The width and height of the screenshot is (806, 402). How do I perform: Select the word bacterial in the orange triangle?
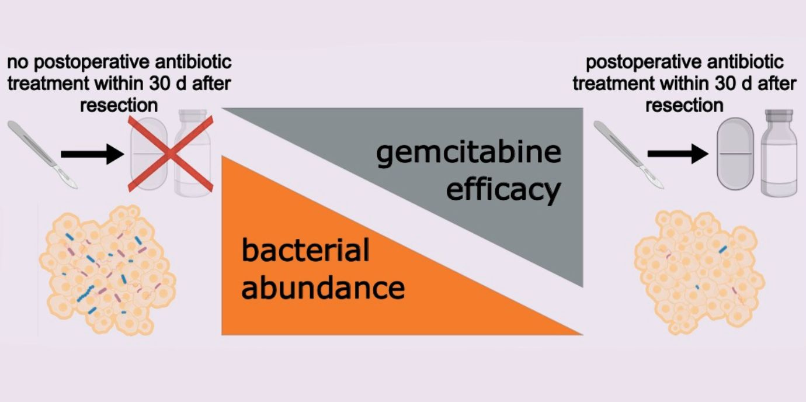pos(305,251)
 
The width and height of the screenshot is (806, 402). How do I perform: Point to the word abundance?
pos(323,287)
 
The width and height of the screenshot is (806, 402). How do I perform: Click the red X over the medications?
pos(169,153)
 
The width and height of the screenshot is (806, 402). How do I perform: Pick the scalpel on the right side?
pos(628,154)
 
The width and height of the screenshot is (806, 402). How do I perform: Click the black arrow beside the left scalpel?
pos(92,154)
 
